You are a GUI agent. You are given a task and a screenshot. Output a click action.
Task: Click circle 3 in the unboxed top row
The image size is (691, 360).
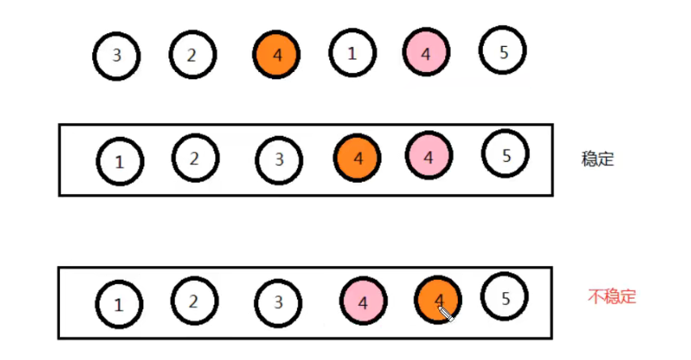[x=117, y=56]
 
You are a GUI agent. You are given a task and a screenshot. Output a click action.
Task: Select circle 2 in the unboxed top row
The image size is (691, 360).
[x=192, y=55]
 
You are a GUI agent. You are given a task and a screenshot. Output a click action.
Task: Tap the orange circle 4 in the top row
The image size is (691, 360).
[x=277, y=55]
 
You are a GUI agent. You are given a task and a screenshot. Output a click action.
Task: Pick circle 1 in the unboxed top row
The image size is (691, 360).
[x=352, y=54]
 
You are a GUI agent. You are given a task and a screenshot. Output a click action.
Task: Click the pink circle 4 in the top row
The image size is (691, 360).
[x=426, y=54]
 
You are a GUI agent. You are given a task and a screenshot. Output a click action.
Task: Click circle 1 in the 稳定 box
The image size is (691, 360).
[x=120, y=161]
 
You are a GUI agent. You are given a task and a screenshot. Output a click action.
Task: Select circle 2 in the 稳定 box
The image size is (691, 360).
[x=195, y=158]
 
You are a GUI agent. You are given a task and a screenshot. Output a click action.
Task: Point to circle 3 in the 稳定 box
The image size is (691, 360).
[x=279, y=159]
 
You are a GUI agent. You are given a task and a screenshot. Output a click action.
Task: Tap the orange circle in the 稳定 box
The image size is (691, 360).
[x=358, y=158]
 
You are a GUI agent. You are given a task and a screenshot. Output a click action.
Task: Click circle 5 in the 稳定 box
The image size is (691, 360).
[x=506, y=155]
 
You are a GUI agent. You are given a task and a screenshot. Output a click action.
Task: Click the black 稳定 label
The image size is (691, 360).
[x=598, y=159]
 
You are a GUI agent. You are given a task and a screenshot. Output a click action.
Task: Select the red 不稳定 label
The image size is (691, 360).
[x=612, y=297]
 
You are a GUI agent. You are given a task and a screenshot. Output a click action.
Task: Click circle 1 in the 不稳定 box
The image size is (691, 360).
[x=119, y=305]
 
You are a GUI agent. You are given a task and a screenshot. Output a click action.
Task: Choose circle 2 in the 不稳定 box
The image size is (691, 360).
[x=193, y=302]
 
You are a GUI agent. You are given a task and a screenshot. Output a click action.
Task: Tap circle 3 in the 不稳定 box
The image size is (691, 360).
[x=278, y=303]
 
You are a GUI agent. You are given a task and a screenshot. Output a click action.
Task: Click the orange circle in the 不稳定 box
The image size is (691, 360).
[x=438, y=301]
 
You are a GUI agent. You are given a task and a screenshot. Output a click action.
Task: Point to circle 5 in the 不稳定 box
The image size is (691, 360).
[x=506, y=299]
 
